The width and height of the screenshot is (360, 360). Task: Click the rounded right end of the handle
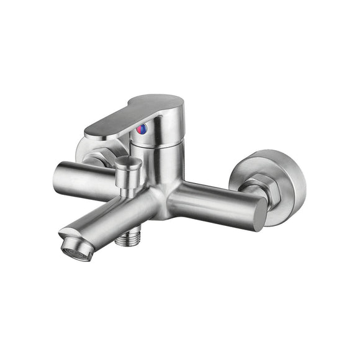[180, 115]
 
